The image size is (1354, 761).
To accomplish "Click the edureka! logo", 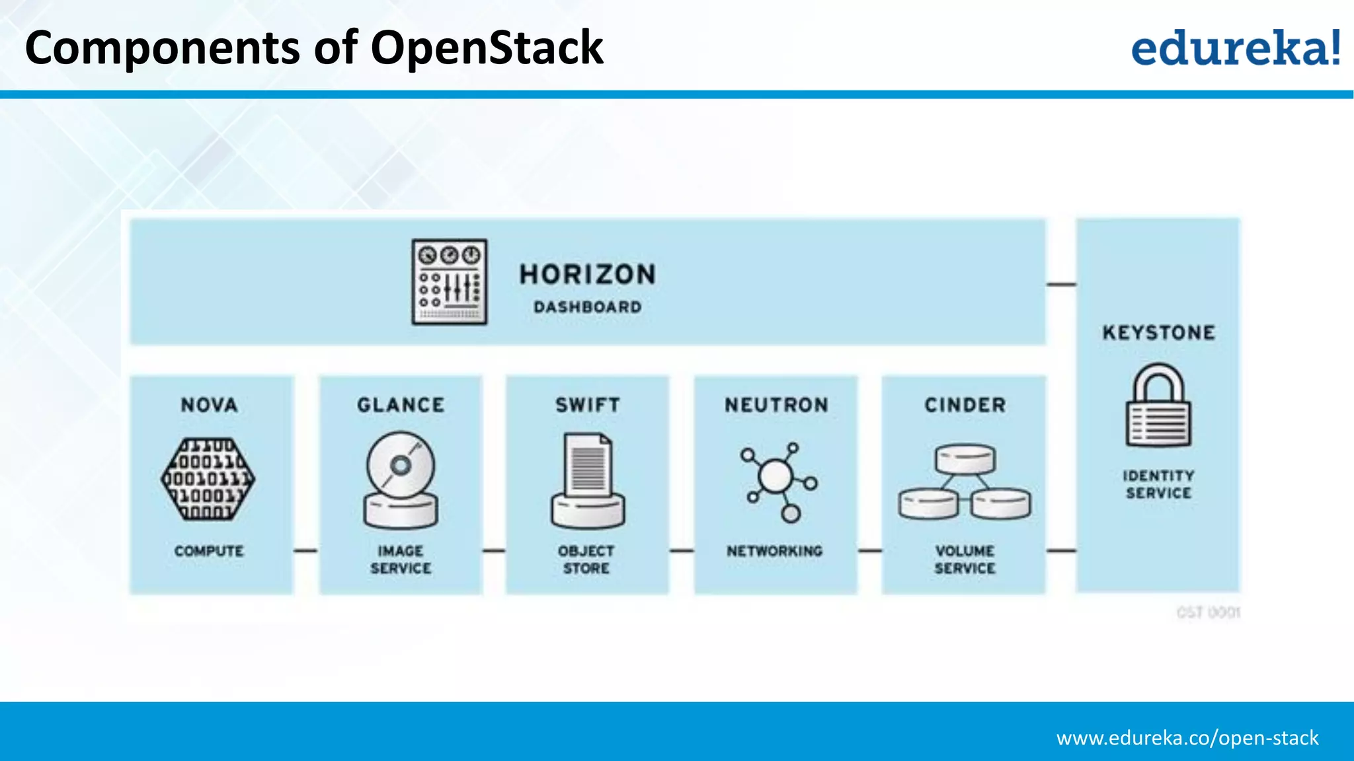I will click(1235, 48).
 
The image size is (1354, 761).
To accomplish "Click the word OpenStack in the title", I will click(487, 48).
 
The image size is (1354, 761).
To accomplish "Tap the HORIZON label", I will click(587, 274).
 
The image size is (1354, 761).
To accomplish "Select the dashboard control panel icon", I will click(450, 282).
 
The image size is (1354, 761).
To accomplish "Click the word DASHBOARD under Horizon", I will click(587, 307).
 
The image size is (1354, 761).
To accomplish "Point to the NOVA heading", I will click(209, 405).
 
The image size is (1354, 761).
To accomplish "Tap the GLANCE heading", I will click(401, 405).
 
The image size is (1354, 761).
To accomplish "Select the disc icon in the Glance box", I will click(401, 480).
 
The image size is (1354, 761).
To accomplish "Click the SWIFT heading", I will click(588, 405).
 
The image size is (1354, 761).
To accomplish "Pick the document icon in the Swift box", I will click(588, 480).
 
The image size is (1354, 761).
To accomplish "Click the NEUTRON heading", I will click(776, 405).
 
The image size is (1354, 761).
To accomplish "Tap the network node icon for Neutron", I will click(777, 481).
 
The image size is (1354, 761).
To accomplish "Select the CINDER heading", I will click(965, 405).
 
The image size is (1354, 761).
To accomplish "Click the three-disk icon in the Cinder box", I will click(965, 482).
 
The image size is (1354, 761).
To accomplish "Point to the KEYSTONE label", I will click(1158, 332).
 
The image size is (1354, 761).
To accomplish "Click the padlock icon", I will click(1158, 406).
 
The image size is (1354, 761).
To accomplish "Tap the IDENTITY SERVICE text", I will click(1158, 484).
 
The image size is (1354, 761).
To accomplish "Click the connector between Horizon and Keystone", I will click(1061, 285).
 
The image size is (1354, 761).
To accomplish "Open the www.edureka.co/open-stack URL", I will click(1187, 738).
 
